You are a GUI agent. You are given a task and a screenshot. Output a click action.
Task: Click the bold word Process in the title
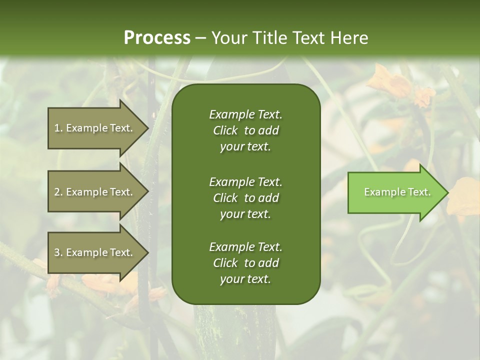pyautogui.click(x=157, y=38)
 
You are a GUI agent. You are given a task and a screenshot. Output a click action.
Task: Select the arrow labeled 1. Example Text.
pyautogui.click(x=95, y=128)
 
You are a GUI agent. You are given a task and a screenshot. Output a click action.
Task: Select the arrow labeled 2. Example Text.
pyautogui.click(x=95, y=192)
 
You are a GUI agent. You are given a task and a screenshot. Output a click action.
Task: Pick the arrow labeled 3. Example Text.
pyautogui.click(x=95, y=252)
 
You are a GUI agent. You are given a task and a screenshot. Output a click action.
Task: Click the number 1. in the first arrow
pyautogui.click(x=58, y=128)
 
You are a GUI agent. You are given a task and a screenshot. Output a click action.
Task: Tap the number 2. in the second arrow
pyautogui.click(x=58, y=192)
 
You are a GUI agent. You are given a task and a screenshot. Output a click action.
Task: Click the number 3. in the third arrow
pyautogui.click(x=58, y=252)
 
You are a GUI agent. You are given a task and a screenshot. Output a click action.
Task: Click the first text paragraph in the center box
pyautogui.click(x=245, y=130)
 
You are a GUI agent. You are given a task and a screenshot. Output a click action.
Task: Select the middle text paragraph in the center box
pyautogui.click(x=245, y=197)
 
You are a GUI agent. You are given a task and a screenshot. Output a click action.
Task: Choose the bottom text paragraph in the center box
pyautogui.click(x=245, y=263)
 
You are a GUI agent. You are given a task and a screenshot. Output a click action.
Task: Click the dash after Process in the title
pyautogui.click(x=200, y=38)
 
